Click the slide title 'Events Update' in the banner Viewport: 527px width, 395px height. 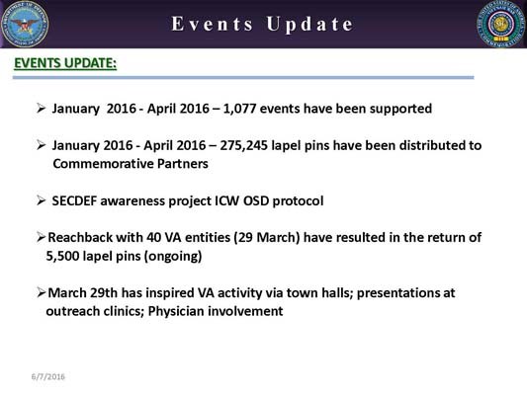pyautogui.click(x=262, y=24)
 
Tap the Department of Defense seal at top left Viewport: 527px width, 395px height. pyautogui.click(x=25, y=25)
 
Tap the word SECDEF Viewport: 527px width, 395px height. pyautogui.click(x=77, y=200)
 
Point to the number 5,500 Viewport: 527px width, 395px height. pyautogui.click(x=66, y=256)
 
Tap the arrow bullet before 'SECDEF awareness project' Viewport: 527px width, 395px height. pyautogui.click(x=42, y=200)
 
